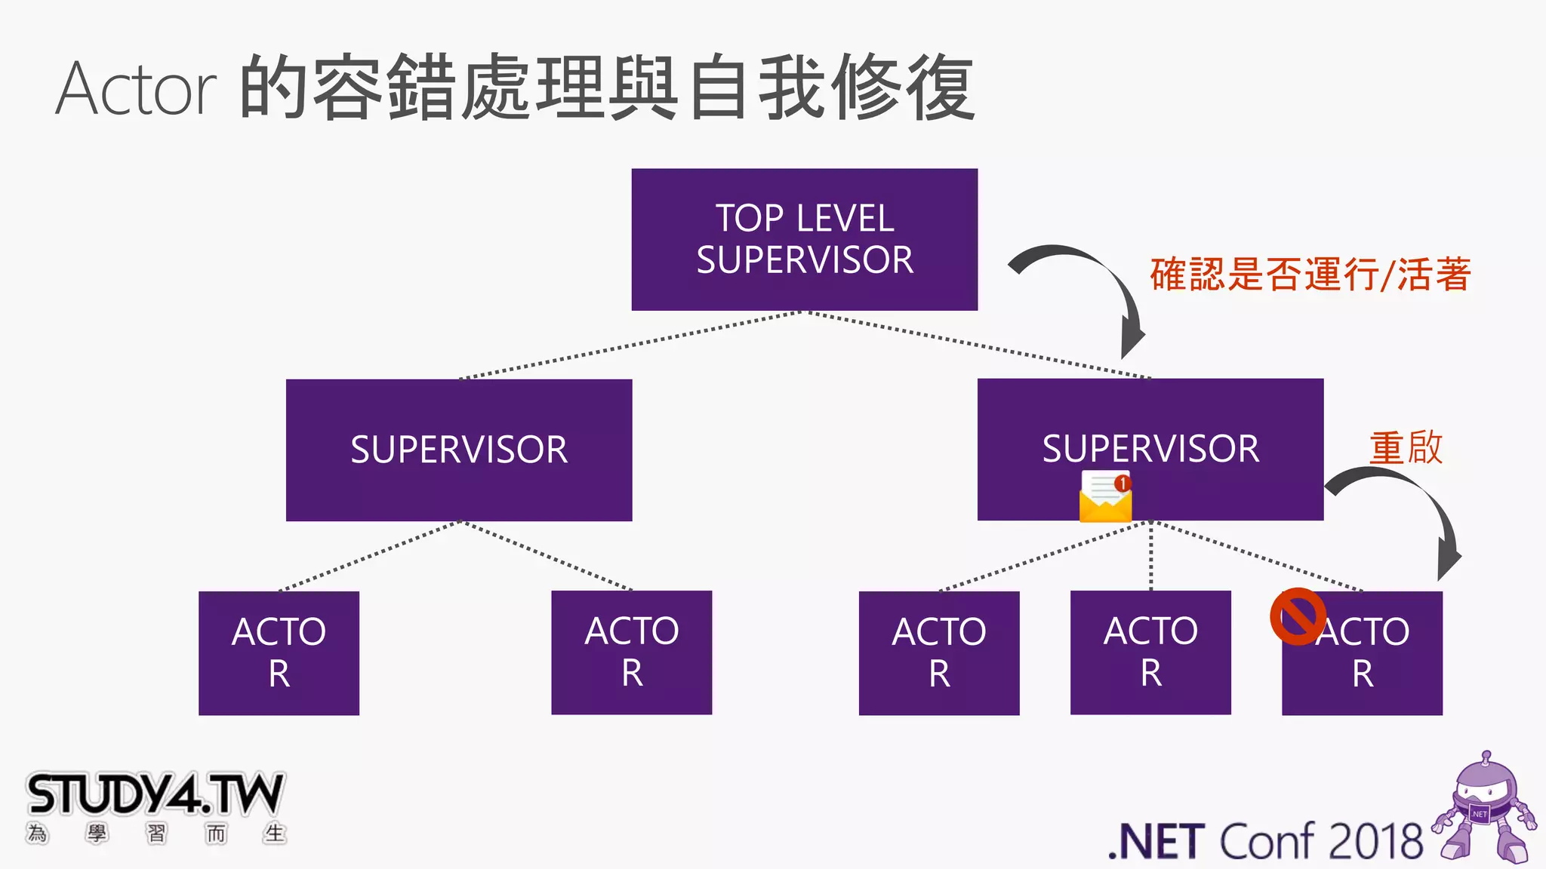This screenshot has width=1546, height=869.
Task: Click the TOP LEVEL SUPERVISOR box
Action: tap(804, 239)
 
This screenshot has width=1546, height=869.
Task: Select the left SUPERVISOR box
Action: tap(459, 450)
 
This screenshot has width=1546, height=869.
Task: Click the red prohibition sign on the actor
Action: tap(1298, 617)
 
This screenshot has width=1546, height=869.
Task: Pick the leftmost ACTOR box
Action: tap(279, 653)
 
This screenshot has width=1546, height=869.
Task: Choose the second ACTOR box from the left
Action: tap(631, 653)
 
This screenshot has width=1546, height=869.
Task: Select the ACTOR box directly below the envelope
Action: tap(1150, 653)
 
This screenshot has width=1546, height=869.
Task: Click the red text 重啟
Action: tap(1406, 447)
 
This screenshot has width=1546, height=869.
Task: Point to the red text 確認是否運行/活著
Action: tap(1310, 274)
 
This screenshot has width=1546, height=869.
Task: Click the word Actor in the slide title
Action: tap(136, 89)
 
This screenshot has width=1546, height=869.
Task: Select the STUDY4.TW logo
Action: tap(155, 803)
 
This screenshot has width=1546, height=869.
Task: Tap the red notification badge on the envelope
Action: tap(1123, 483)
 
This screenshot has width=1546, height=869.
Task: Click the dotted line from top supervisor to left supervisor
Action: tap(630, 345)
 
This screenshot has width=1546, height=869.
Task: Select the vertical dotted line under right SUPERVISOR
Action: tap(1150, 557)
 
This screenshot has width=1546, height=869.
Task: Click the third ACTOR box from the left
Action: tap(939, 653)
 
